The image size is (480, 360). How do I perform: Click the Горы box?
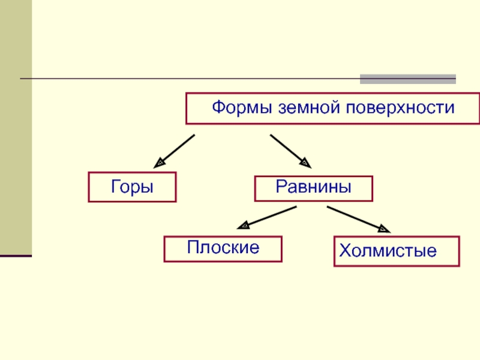point(133,187)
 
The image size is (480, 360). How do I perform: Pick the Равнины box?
point(314,188)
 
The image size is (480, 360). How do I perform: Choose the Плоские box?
point(223,248)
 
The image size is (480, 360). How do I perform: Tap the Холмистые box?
point(397,251)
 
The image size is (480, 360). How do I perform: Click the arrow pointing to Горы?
point(175,150)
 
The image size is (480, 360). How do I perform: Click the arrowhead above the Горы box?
point(160,162)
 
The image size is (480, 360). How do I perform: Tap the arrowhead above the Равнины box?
point(306,162)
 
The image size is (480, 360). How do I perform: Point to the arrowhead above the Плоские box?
point(244,226)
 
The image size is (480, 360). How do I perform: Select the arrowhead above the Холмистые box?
point(383,228)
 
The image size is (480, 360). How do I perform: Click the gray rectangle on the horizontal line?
point(407,79)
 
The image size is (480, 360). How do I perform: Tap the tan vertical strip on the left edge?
point(16,126)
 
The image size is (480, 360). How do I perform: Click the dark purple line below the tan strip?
point(16,256)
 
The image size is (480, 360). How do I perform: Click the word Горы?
point(132,187)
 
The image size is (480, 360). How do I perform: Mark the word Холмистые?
point(387,251)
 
